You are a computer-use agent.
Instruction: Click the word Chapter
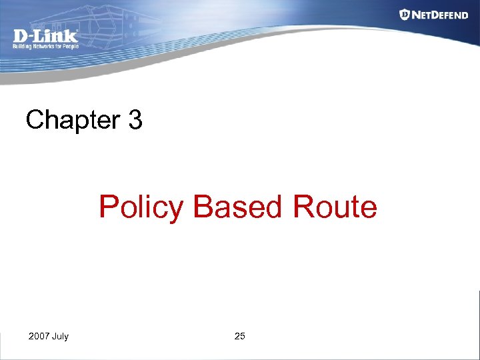(72, 121)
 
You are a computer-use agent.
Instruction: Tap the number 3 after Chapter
(134, 121)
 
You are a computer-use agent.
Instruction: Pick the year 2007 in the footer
(39, 336)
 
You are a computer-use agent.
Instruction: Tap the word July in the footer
(60, 336)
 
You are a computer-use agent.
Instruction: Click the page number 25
(240, 336)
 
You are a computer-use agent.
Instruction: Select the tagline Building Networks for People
(45, 47)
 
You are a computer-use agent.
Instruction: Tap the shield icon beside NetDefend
(405, 14)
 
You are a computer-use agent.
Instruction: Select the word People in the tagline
(71, 47)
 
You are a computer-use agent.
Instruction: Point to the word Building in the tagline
(23, 47)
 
